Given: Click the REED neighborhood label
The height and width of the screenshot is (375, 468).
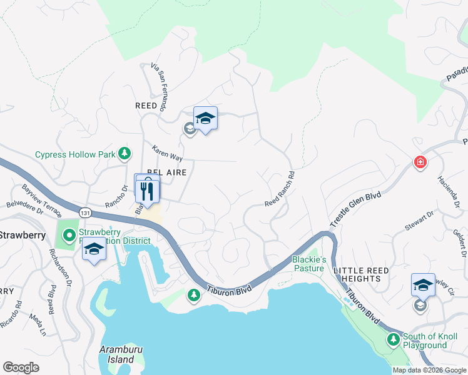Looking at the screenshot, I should tap(146, 106).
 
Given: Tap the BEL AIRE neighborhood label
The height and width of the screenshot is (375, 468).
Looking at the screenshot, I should tap(167, 172).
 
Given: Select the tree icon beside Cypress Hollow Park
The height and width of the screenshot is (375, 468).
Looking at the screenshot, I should tap(125, 152).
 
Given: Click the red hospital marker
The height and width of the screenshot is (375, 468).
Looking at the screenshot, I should tap(420, 162).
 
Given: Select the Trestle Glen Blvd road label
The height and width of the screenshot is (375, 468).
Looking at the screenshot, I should tap(356, 209).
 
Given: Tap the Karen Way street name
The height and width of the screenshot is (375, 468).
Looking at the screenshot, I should tap(167, 154).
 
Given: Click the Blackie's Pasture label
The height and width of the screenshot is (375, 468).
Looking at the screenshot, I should tap(309, 264).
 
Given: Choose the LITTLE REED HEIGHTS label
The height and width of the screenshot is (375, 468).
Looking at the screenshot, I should tap(361, 275).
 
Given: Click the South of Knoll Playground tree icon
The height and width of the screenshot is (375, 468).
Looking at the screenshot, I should tap(393, 339).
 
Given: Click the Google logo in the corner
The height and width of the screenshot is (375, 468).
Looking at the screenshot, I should tap(21, 367).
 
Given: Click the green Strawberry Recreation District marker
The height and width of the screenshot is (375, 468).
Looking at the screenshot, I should tap(69, 236).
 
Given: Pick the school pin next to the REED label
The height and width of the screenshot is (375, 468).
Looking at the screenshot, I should tap(205, 119).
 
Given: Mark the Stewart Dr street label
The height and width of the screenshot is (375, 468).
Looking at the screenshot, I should tap(419, 221).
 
